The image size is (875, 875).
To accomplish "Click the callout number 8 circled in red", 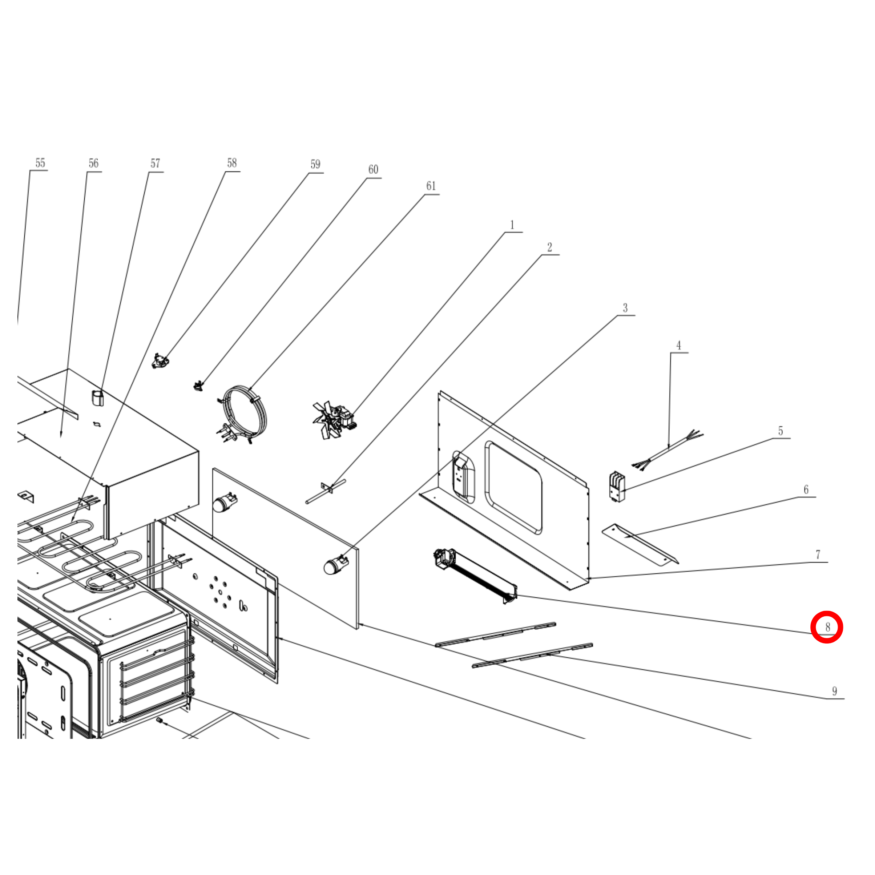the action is coord(827,627).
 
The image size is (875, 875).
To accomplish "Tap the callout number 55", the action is coord(40,163).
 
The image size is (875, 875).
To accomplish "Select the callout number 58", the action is coord(232,163).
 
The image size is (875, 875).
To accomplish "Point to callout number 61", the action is coord(431,186).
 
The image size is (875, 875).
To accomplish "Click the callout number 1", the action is coord(512,225).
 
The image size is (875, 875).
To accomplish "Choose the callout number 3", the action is coord(625,308).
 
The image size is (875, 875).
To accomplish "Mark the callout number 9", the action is coord(835,691).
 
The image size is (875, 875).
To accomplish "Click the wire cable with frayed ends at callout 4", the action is coord(668,449).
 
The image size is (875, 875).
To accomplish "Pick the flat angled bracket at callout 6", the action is coord(640,544).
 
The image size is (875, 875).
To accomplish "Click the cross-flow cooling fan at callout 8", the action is coord(476,576).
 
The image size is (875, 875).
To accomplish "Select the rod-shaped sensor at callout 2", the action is coord(326,491).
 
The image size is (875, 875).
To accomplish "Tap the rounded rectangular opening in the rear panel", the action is coord(513,488).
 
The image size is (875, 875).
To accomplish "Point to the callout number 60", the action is coord(373,169).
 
